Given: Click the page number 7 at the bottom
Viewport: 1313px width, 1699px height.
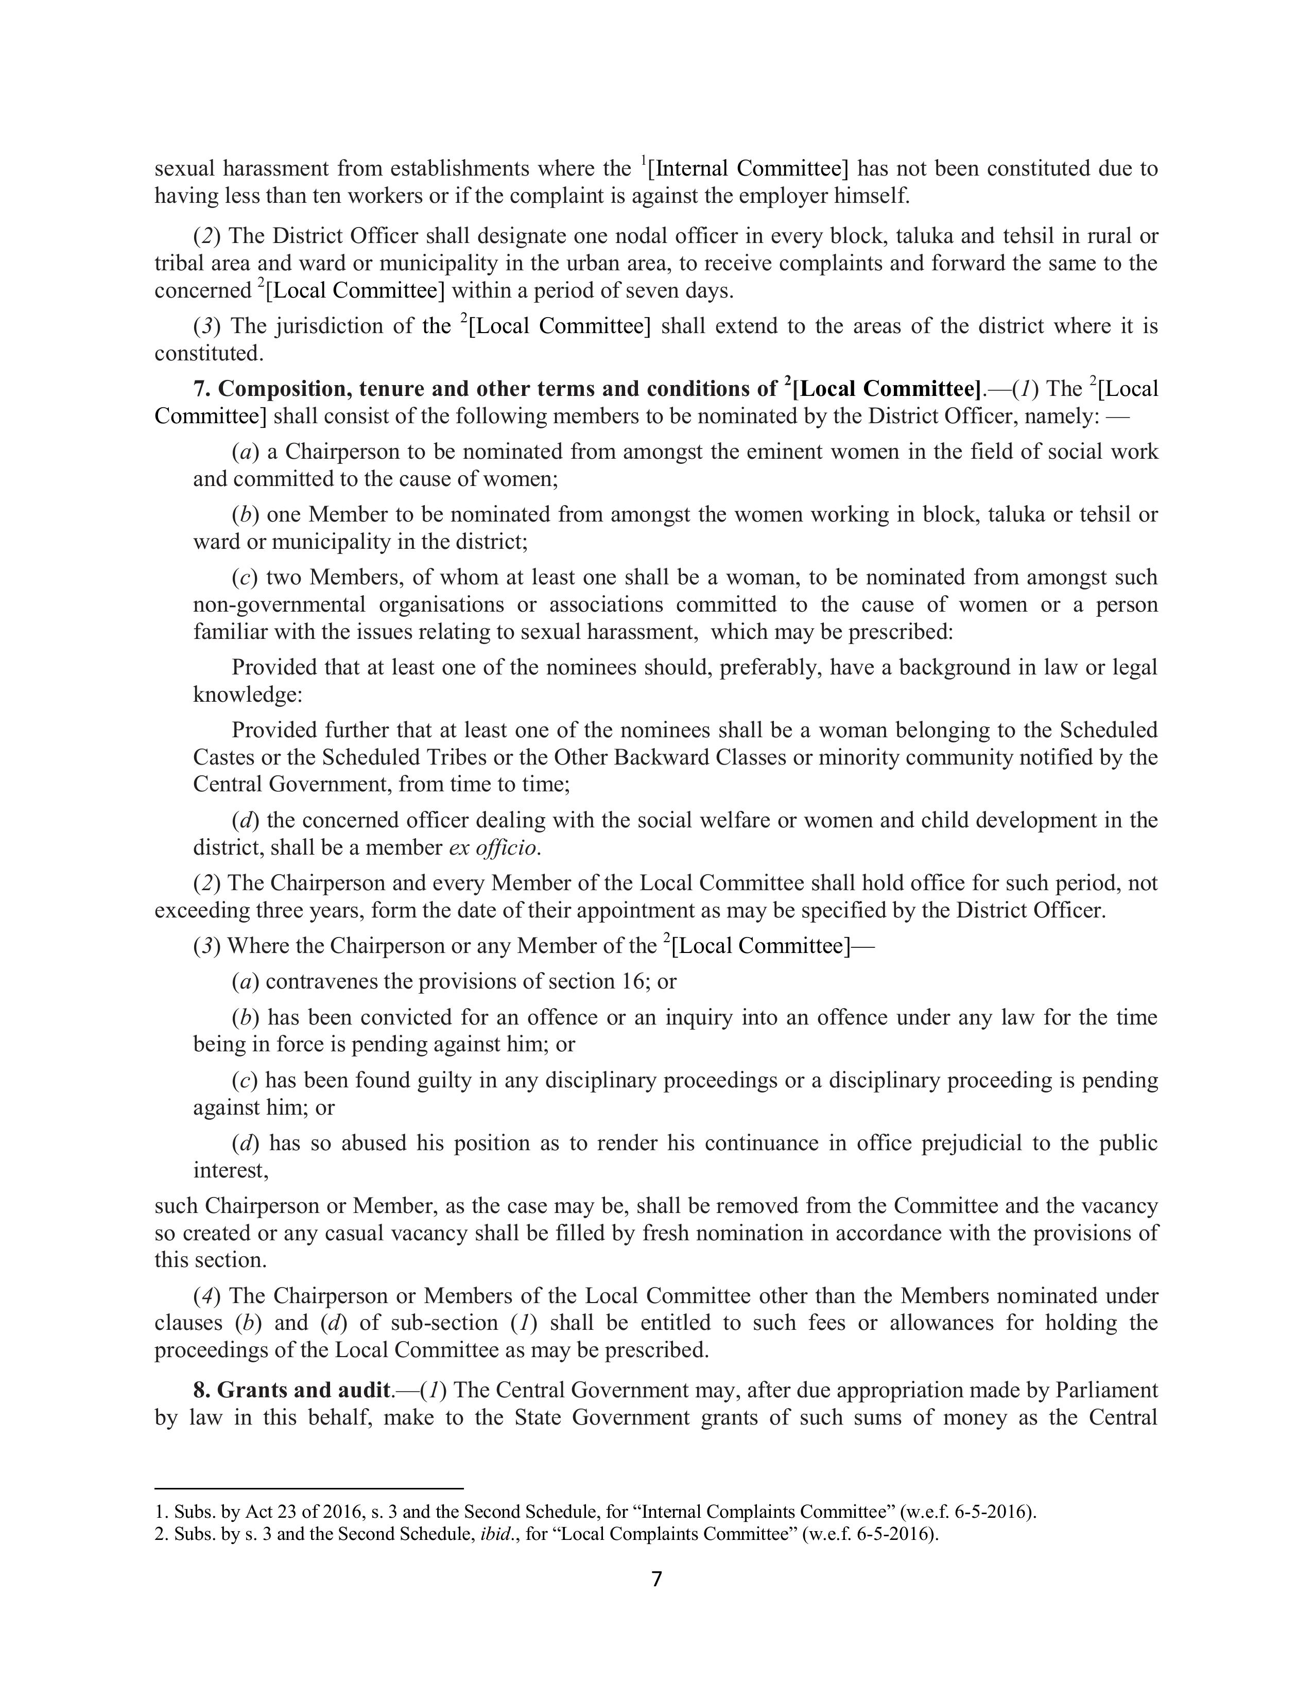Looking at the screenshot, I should pos(655,1579).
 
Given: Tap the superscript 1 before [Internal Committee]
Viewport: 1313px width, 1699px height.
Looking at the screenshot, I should pos(643,162).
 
